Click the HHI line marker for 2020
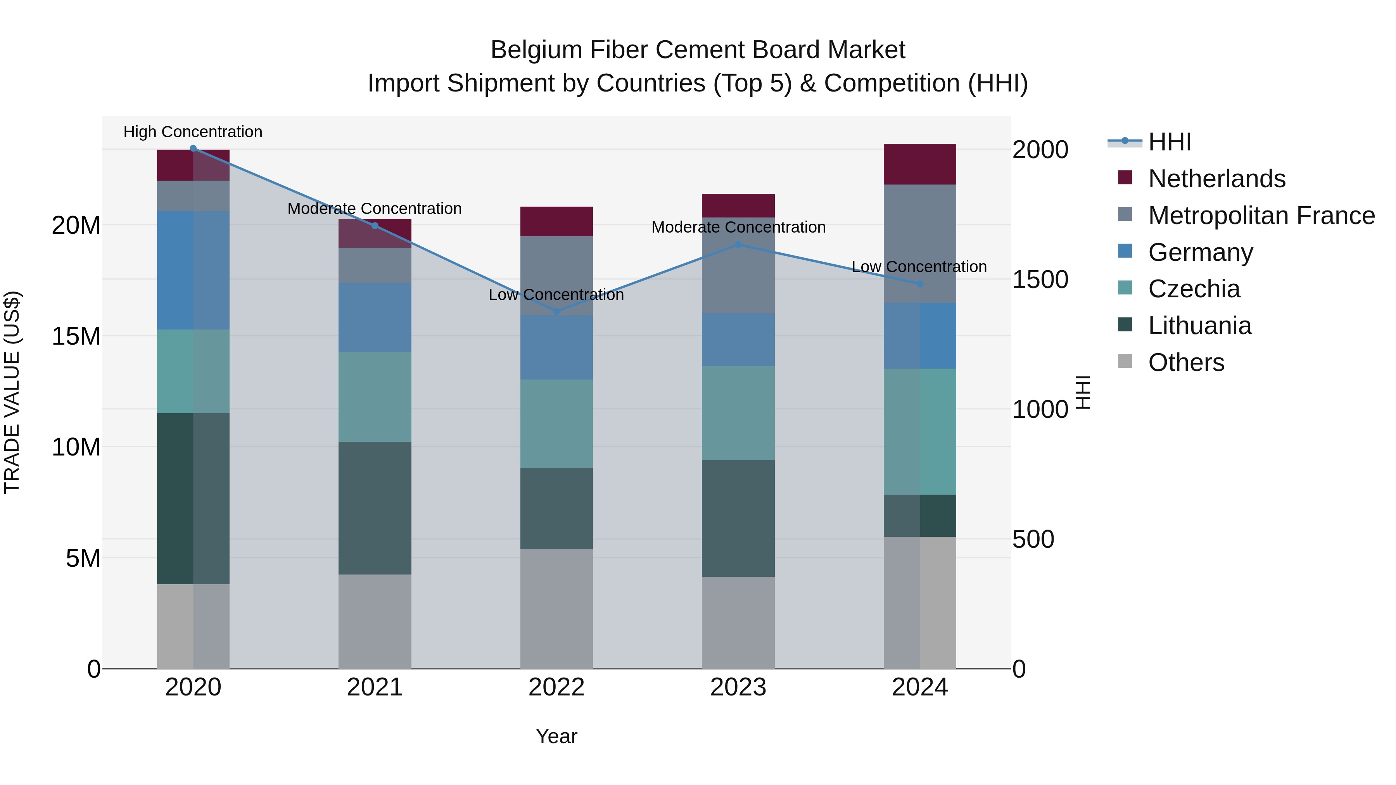(x=193, y=148)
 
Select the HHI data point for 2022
(x=556, y=312)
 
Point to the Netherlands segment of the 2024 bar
(x=920, y=164)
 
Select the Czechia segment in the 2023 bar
(x=738, y=413)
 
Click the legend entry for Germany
(x=1200, y=252)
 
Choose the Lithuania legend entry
(x=1199, y=326)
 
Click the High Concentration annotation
(x=193, y=132)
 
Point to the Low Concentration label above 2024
(x=919, y=267)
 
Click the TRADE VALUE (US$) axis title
(x=12, y=392)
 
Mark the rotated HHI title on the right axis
(x=1082, y=392)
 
